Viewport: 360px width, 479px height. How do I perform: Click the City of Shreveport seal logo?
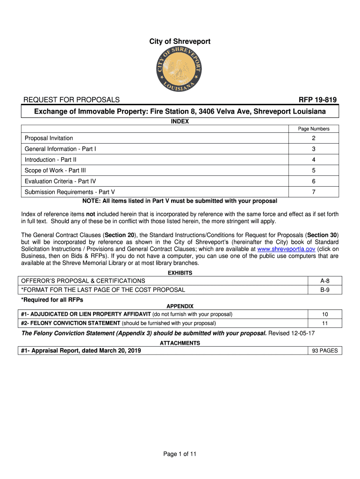click(180, 70)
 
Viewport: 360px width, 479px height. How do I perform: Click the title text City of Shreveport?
click(180, 42)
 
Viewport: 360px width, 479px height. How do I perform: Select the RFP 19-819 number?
click(317, 100)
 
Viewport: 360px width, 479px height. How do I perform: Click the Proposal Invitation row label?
click(49, 138)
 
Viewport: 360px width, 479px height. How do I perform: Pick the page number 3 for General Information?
click(314, 149)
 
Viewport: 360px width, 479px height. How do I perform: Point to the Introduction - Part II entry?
click(50, 160)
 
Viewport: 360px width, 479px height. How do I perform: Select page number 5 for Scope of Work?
click(314, 170)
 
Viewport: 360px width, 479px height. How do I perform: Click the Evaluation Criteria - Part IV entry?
click(60, 181)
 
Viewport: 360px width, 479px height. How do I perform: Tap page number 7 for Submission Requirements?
click(314, 192)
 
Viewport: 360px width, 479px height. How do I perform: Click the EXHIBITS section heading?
click(180, 273)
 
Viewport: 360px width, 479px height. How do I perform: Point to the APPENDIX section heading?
click(180, 306)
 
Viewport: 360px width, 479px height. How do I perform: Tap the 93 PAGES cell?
click(325, 350)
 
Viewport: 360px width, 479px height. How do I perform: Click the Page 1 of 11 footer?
click(180, 454)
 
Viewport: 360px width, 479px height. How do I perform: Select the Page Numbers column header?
click(314, 129)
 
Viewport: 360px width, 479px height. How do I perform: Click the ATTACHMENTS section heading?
click(180, 343)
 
